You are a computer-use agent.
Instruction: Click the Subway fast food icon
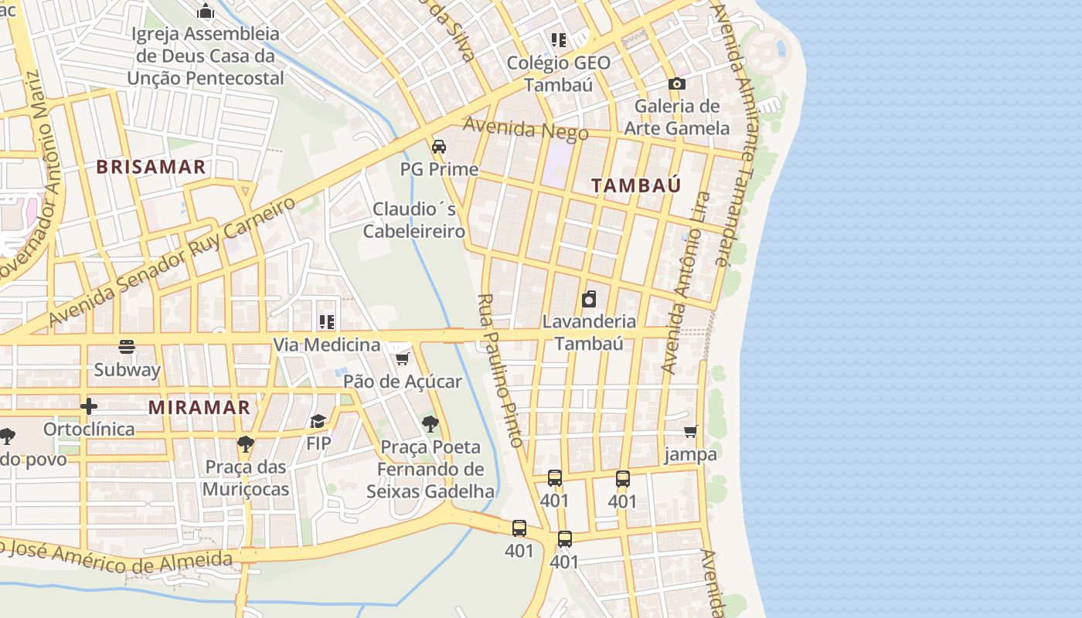click(127, 347)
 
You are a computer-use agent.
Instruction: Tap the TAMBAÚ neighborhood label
click(636, 185)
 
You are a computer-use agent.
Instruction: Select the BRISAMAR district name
click(151, 167)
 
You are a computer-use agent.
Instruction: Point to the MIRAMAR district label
click(199, 407)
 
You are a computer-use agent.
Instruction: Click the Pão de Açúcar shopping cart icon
click(402, 359)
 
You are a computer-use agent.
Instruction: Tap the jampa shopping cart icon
click(690, 432)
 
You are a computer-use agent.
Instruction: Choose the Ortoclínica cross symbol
click(89, 406)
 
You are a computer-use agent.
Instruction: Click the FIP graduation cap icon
click(318, 421)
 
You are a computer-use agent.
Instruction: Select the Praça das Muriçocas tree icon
click(245, 443)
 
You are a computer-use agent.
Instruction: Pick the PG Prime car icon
click(439, 147)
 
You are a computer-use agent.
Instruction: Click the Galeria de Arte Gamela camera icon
click(676, 83)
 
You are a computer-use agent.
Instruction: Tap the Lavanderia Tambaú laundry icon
click(589, 299)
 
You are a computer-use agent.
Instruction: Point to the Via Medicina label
click(326, 345)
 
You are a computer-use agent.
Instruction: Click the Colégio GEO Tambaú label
click(558, 73)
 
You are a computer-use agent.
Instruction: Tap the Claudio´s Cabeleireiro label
click(414, 220)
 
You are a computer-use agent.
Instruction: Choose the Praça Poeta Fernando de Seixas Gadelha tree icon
click(430, 423)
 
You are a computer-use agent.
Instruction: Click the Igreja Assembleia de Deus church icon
click(206, 11)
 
